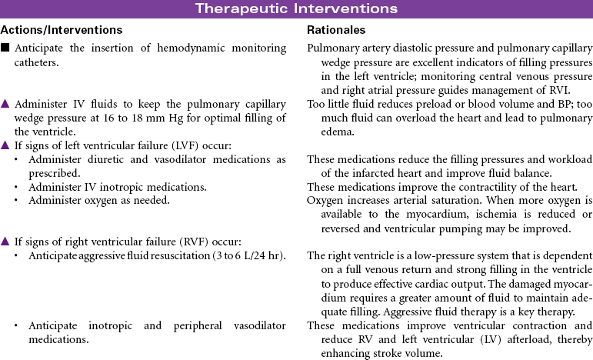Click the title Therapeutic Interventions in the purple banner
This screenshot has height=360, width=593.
click(296, 8)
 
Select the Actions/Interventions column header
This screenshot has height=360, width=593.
click(62, 30)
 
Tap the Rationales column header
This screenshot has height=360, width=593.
click(336, 30)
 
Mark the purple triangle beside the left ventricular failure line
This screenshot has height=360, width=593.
click(5, 145)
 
